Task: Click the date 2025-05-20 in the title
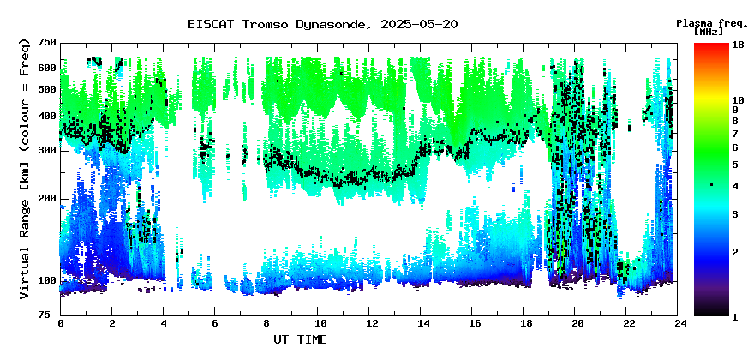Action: click(x=419, y=24)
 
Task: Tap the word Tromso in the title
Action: click(x=266, y=24)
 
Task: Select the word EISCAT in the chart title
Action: click(x=212, y=24)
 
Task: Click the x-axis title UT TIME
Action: click(x=300, y=339)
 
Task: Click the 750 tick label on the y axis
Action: click(x=47, y=44)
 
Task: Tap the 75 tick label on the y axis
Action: click(x=50, y=315)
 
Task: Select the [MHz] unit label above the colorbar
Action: click(x=709, y=32)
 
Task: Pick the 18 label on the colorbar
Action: click(x=738, y=45)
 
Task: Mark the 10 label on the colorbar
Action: click(x=738, y=100)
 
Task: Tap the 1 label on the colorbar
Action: click(x=735, y=317)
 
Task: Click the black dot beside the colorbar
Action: click(x=711, y=185)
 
